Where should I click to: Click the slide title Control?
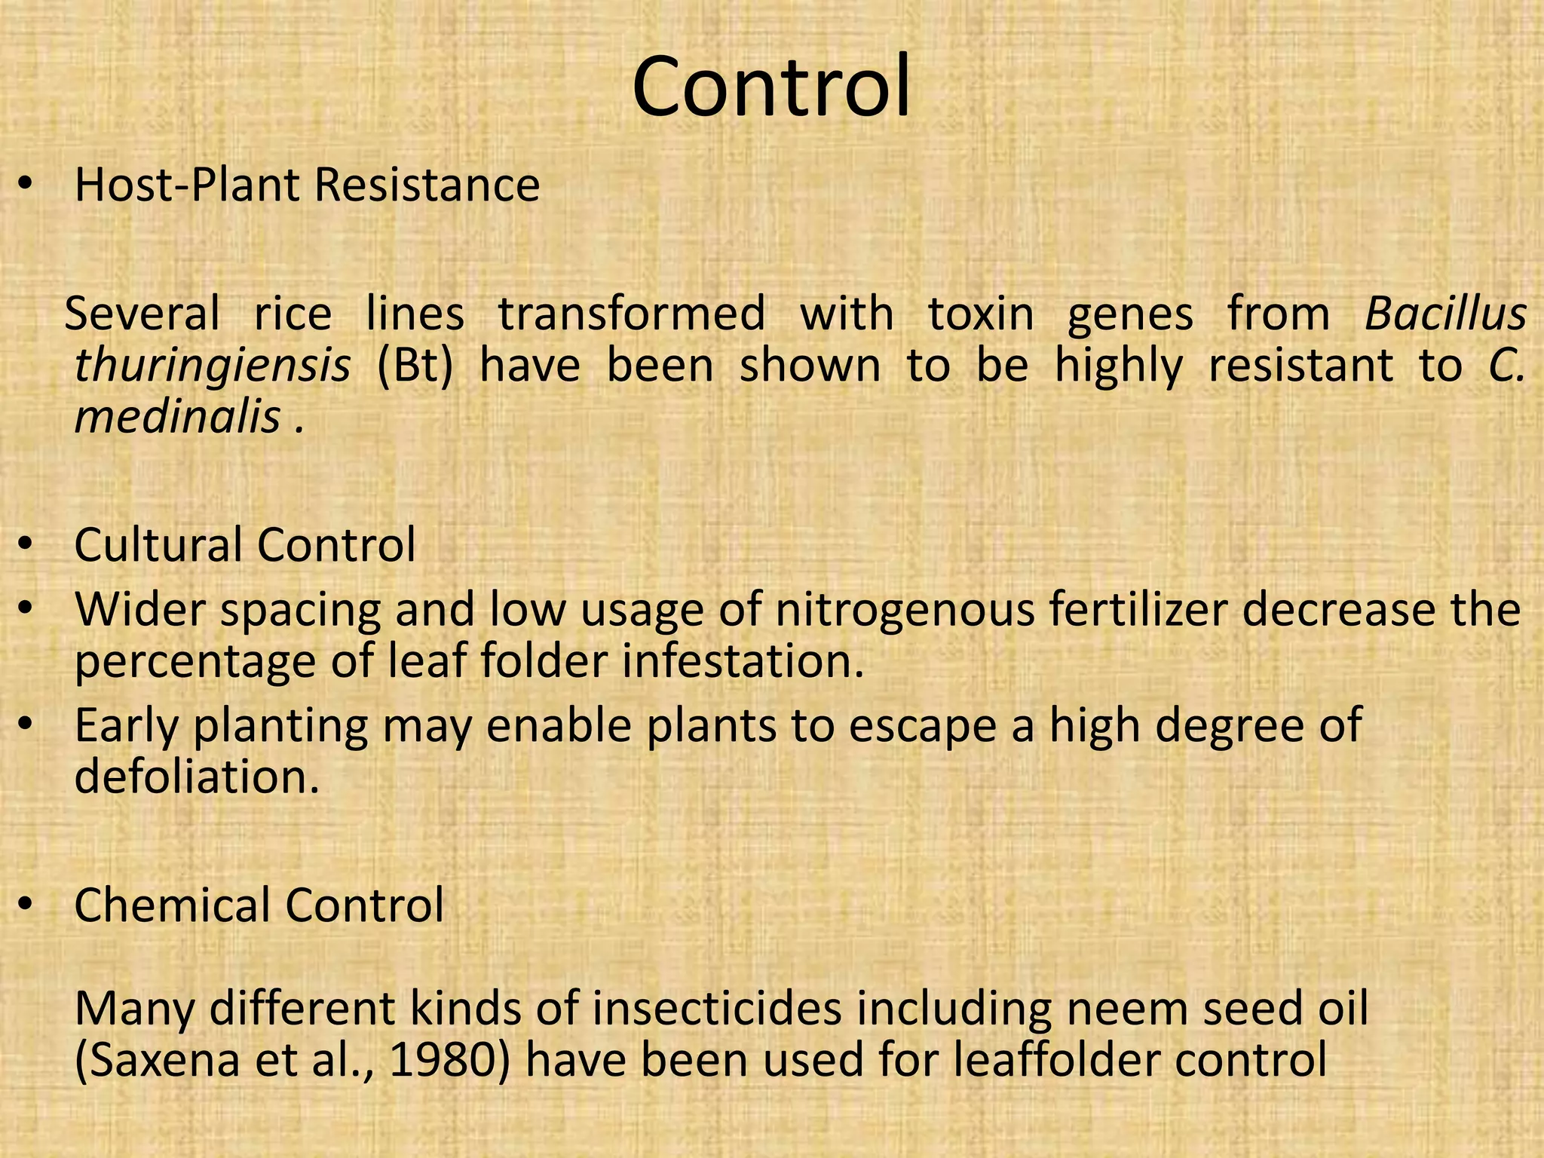[x=771, y=87]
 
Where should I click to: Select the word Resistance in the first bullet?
[x=427, y=185]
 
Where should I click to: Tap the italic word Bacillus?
[x=1445, y=314]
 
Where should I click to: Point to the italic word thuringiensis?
[x=213, y=366]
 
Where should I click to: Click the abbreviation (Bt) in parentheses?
[x=415, y=366]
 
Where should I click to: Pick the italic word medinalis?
[x=178, y=416]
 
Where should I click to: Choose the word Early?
[x=127, y=726]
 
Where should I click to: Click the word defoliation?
[x=197, y=777]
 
